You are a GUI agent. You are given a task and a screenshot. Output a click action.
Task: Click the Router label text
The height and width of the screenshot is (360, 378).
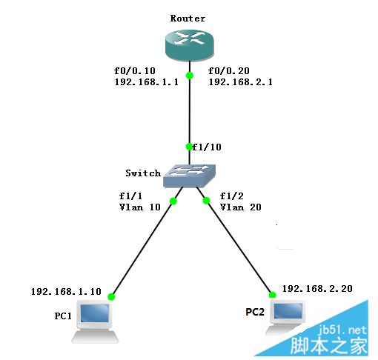[x=188, y=19]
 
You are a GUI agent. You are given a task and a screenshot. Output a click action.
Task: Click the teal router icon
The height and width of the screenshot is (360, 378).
[x=190, y=45]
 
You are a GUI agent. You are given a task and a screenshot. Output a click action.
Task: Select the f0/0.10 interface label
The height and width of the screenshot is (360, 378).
[x=135, y=71]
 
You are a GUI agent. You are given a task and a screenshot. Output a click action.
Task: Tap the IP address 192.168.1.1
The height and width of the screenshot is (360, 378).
[x=147, y=82]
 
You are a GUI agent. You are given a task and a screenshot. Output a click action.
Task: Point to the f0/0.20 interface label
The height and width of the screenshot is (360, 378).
[x=229, y=71]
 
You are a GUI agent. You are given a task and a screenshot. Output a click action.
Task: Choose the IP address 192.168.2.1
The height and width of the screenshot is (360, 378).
[x=241, y=82]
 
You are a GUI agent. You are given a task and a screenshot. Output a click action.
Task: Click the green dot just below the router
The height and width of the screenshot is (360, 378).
[x=190, y=76]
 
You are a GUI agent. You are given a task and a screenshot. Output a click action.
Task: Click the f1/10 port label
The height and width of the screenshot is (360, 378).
[x=207, y=147]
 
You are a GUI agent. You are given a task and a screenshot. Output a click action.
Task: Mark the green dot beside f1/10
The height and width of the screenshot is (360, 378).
[x=189, y=147]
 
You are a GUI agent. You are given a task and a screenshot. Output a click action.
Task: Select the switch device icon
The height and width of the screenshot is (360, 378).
[x=189, y=176]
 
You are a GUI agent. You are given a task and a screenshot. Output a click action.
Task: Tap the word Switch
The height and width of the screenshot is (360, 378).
[x=143, y=173]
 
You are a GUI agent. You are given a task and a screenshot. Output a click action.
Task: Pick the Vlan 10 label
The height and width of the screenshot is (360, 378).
[x=140, y=207]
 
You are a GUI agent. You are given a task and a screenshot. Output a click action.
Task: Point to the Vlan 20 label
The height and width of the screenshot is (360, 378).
[x=241, y=207]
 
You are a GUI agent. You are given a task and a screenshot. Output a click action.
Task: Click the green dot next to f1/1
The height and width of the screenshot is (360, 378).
[x=173, y=201]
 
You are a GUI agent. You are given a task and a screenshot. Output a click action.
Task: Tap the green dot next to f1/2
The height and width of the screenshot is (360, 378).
[x=206, y=201]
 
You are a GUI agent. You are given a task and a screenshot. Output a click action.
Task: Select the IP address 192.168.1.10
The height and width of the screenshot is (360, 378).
[x=66, y=292]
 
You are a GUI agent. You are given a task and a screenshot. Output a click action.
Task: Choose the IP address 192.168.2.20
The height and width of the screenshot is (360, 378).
[x=317, y=289]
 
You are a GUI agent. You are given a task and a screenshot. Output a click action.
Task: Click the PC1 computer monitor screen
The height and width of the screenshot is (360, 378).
[x=95, y=313]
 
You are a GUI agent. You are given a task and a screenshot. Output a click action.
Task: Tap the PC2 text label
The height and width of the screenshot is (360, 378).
[x=255, y=312]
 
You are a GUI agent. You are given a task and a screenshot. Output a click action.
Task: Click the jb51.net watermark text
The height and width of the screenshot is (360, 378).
[x=342, y=330]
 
